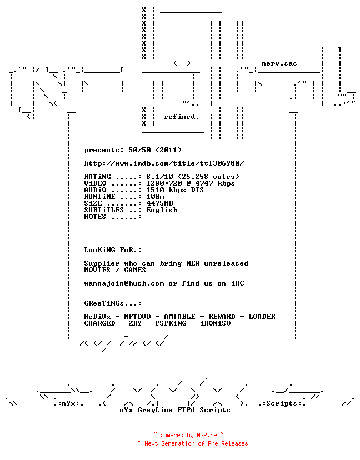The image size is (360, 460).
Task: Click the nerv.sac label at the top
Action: tap(279, 64)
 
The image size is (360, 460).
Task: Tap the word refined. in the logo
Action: tap(181, 117)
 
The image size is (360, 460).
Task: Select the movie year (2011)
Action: tap(168, 150)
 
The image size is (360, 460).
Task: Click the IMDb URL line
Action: tap(164, 163)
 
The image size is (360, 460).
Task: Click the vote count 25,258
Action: tap(195, 177)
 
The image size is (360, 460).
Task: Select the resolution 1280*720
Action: tap(164, 183)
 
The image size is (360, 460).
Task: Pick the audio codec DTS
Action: tap(197, 190)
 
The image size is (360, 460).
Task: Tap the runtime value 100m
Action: tap(155, 197)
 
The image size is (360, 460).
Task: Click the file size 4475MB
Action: tap(159, 203)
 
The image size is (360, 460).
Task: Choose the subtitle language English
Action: tap(162, 210)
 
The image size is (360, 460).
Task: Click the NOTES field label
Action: tap(95, 217)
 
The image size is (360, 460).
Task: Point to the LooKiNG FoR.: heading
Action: tap(113, 250)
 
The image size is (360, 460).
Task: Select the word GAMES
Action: tap(135, 270)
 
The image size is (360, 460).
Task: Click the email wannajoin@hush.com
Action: tap(124, 283)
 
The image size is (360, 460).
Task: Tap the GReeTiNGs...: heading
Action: tap(113, 303)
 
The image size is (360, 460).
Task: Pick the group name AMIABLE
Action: tap(179, 317)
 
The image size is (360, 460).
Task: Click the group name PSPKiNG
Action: tap(171, 323)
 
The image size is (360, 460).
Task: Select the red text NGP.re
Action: tap(207, 435)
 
